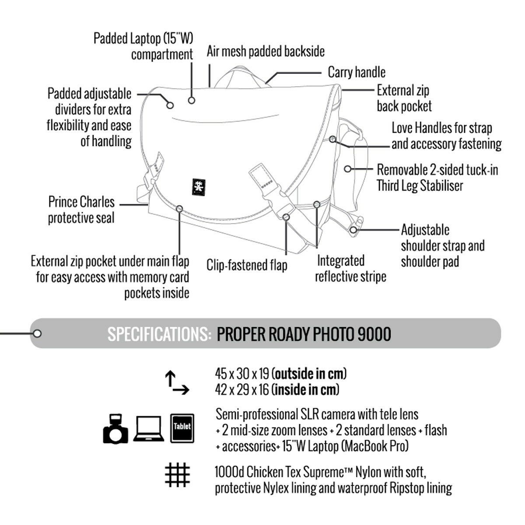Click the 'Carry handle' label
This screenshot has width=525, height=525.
pyautogui.click(x=357, y=72)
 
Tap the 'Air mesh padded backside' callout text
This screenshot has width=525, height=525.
pyautogui.click(x=266, y=52)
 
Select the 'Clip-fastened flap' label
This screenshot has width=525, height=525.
pyautogui.click(x=247, y=265)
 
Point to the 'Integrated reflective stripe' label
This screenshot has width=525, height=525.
pyautogui.click(x=350, y=269)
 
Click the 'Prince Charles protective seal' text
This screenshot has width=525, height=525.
pyautogui.click(x=81, y=210)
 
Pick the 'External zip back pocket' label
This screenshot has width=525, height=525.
pyautogui.click(x=404, y=98)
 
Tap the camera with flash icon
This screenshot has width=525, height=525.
pyautogui.click(x=116, y=429)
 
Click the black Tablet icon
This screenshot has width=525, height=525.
pyautogui.click(x=182, y=427)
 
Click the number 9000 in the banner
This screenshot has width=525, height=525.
pyautogui.click(x=374, y=334)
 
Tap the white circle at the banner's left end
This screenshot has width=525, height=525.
pyautogui.click(x=38, y=334)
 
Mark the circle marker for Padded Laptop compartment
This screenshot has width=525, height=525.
pyautogui.click(x=191, y=101)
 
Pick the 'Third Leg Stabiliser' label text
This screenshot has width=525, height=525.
pyautogui.click(x=420, y=185)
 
